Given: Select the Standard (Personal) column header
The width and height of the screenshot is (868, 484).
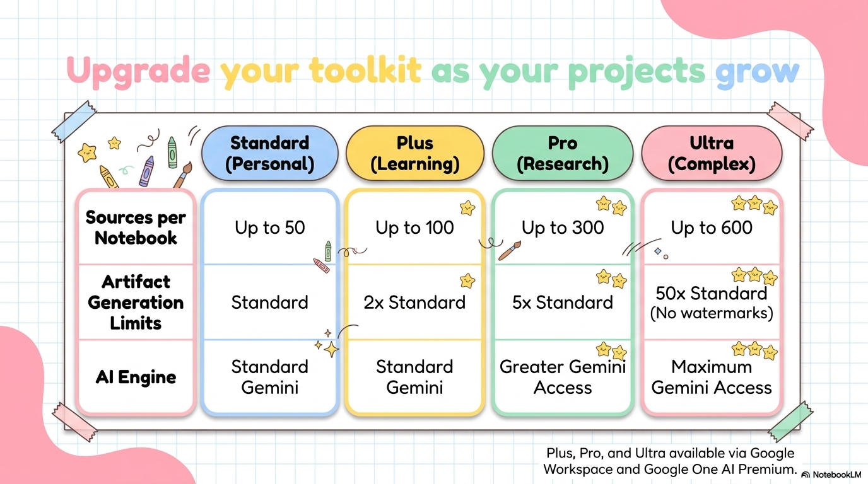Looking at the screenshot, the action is [x=270, y=153].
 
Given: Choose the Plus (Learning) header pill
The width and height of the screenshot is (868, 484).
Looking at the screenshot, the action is [x=414, y=153].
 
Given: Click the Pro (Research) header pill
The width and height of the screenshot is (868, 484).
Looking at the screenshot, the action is [x=563, y=153].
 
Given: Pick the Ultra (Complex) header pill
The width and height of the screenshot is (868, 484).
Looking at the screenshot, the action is [x=712, y=153].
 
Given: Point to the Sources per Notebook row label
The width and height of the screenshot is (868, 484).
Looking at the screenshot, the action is [x=136, y=228].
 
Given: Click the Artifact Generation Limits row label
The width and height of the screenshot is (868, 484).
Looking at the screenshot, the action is [x=136, y=302].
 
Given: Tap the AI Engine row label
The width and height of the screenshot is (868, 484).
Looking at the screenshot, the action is [x=136, y=377].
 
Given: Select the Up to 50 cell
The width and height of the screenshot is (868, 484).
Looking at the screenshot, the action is [x=270, y=228].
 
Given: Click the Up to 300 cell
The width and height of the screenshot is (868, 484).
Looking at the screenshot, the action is [x=563, y=228].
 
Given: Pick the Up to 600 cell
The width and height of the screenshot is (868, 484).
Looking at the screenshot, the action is [x=712, y=228].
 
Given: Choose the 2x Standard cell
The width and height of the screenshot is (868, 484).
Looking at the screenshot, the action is [x=414, y=302].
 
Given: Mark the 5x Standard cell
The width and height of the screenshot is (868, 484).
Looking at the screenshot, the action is [x=563, y=302].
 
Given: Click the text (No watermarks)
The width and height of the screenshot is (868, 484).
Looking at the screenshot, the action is [x=712, y=313].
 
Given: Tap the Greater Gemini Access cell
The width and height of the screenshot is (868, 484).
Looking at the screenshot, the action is [x=563, y=377].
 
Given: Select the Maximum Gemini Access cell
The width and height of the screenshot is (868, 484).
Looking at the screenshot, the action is [x=712, y=377].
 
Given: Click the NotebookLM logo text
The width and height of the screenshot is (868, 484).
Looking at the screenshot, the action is [x=837, y=475].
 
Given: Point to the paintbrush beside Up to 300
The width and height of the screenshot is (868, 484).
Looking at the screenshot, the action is [x=510, y=251].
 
